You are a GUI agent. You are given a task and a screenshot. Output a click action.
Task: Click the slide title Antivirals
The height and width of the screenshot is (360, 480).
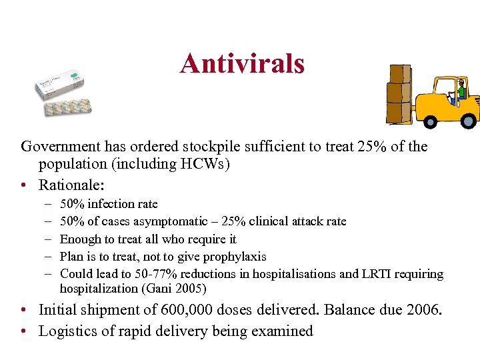pyautogui.click(x=242, y=64)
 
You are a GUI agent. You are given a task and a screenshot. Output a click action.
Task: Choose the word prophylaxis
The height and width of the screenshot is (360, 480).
pyautogui.click(x=236, y=257)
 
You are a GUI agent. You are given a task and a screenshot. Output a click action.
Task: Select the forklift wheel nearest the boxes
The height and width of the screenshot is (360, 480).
pyautogui.click(x=430, y=121)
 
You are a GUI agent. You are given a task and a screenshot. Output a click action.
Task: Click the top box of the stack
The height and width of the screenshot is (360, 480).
pyautogui.click(x=399, y=74)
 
